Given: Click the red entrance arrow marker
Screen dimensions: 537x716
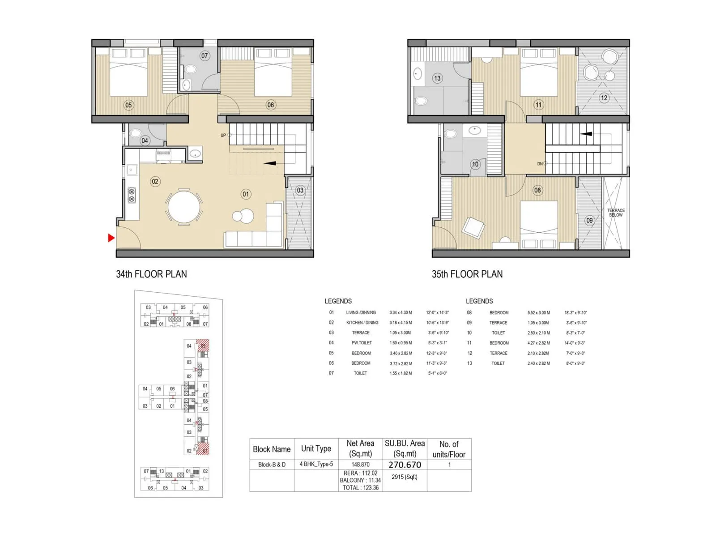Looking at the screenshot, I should tap(111, 238).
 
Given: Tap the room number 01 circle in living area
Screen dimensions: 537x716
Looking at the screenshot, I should tap(246, 194).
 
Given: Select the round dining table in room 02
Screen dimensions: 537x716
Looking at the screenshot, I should tap(183, 207).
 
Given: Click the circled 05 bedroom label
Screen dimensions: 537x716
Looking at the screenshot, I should tap(128, 105).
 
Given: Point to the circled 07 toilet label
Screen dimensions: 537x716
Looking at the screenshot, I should tap(205, 56).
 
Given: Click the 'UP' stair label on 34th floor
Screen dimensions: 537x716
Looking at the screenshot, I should tap(223, 135).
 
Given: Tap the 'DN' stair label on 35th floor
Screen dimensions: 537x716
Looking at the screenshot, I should tap(540, 164).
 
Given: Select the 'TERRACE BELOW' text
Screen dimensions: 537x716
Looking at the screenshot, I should tap(616, 213).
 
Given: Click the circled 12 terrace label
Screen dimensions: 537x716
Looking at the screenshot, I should tap(604, 98).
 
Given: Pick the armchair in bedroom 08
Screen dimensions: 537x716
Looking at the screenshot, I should tap(473, 228).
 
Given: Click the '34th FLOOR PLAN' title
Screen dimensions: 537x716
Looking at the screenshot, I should tap(151, 274).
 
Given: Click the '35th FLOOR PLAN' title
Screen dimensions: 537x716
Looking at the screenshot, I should tap(467, 274).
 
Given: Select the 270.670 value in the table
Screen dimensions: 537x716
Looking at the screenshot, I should tap(405, 465).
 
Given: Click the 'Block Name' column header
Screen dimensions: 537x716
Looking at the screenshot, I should tap(272, 449).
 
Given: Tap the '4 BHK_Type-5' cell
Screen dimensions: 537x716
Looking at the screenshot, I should tap(316, 464).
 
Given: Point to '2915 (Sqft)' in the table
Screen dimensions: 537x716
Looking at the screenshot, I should tap(404, 477).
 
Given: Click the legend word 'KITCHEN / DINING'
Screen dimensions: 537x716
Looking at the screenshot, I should tap(362, 323).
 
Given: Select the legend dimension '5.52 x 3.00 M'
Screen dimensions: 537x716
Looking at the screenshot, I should tap(538, 313).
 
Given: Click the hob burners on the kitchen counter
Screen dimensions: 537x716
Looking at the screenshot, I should tap(132, 196).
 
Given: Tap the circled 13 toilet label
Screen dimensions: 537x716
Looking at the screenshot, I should tap(437, 78).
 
